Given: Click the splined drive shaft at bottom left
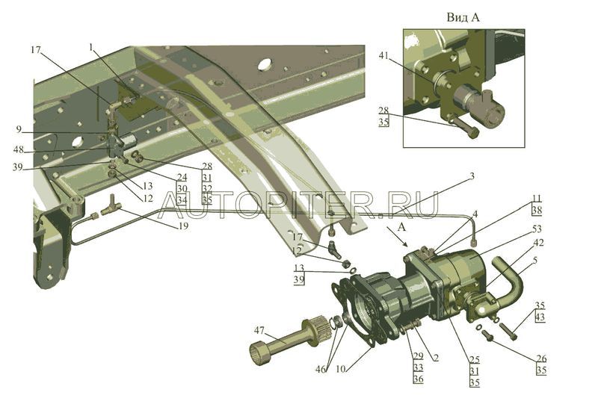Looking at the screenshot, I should pos(291,340).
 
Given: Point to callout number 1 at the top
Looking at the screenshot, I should pos(91,46).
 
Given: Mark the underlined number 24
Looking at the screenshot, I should pos(182,178).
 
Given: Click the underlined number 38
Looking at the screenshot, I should pos(537,211).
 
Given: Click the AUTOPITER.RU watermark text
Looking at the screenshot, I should pos(298,203).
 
